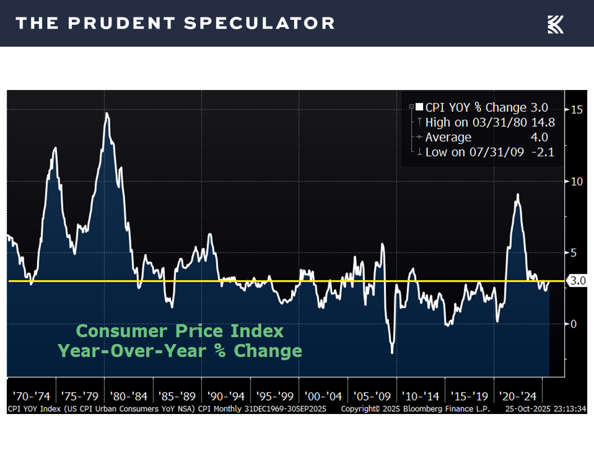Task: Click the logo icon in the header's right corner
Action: (555, 24)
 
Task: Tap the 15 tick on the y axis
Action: (577, 110)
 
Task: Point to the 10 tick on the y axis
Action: (577, 181)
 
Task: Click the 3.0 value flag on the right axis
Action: (578, 281)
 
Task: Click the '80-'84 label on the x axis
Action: (129, 395)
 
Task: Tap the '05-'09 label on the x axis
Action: (372, 395)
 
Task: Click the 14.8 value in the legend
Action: (538, 123)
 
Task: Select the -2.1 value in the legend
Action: (543, 152)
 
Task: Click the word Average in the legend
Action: (448, 137)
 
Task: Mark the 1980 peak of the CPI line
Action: (106, 114)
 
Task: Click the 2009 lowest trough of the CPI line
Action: (392, 353)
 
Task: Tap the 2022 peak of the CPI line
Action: (517, 195)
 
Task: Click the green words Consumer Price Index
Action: (180, 331)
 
